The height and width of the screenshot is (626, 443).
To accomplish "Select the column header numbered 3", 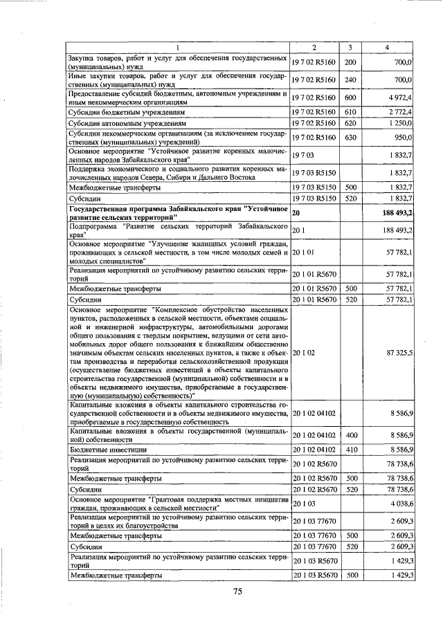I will (x=350, y=47).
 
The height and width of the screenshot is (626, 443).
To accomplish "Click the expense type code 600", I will (x=350, y=98).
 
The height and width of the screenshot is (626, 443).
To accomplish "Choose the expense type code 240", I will (x=350, y=80).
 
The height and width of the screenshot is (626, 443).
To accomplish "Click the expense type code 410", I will (x=350, y=449).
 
